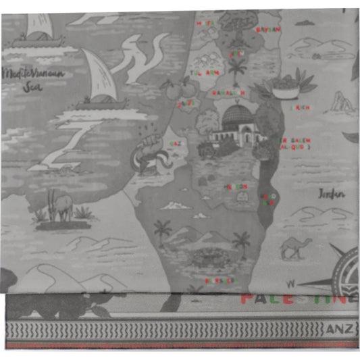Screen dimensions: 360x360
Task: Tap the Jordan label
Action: click(x=331, y=194)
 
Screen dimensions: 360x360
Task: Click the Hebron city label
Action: click(x=237, y=186)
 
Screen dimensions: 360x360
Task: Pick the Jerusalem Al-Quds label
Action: click(x=295, y=144)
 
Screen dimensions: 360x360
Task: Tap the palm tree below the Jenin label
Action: click(x=236, y=68)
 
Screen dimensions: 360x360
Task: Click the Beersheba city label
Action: click(x=222, y=280)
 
